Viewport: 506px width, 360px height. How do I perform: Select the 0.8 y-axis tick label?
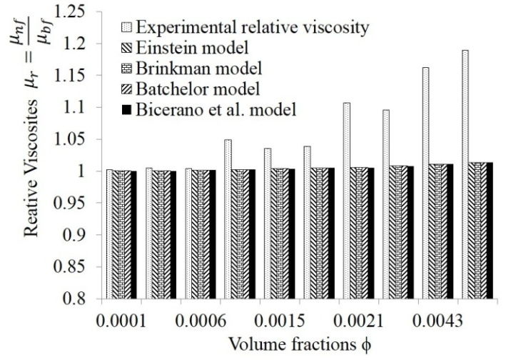[83, 299]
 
